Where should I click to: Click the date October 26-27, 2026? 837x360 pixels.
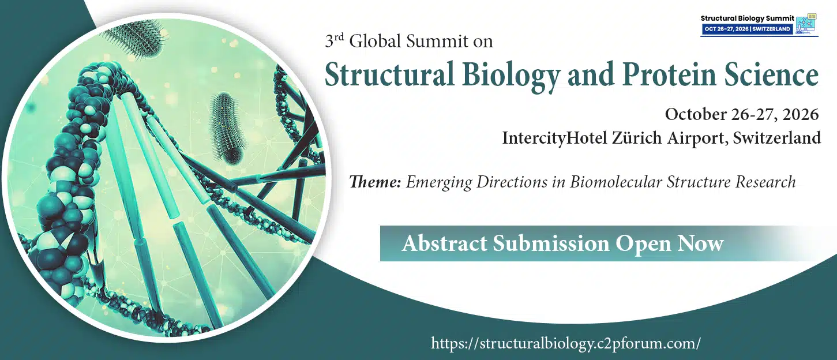[741, 114]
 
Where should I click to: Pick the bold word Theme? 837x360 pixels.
[375, 182]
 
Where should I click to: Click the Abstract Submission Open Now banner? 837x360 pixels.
[562, 243]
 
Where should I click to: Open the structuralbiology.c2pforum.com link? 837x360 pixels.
[566, 343]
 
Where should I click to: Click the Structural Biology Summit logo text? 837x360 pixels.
[746, 18]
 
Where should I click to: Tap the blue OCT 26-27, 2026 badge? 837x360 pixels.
[747, 29]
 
